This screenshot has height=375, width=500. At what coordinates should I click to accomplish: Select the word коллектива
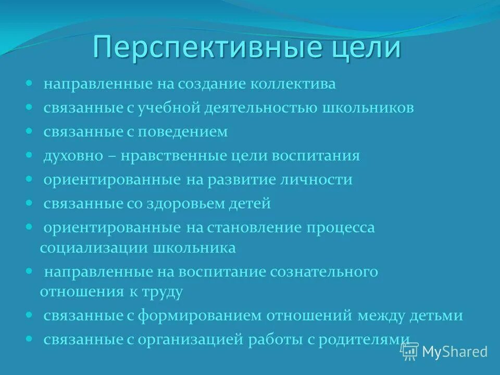pos(292,84)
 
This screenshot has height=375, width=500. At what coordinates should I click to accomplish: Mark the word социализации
pos(94,247)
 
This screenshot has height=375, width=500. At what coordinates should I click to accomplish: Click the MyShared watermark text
pos(454,352)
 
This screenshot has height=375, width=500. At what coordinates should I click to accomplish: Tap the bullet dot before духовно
pos(29,155)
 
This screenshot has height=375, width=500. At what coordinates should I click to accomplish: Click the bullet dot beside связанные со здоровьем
pos(29,203)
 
